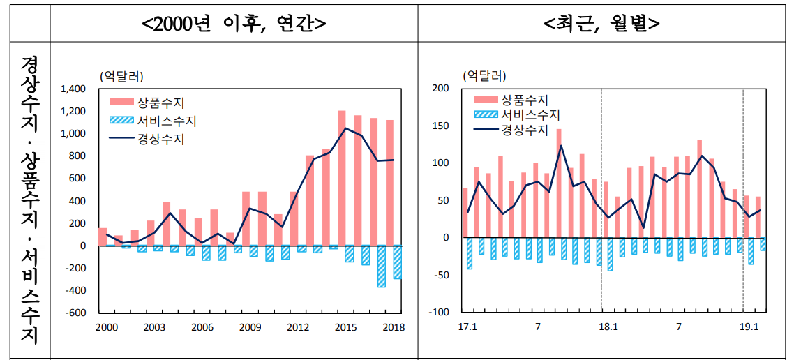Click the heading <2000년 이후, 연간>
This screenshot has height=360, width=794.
(x=233, y=23)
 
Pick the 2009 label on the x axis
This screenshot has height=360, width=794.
(x=250, y=327)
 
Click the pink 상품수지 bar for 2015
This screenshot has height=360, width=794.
(x=342, y=178)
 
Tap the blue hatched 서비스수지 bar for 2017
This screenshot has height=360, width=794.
(x=382, y=266)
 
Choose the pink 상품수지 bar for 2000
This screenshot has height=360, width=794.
(x=103, y=237)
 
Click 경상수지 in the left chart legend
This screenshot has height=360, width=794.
(x=161, y=139)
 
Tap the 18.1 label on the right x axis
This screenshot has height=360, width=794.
(x=608, y=327)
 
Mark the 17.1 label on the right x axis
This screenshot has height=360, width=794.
(x=467, y=327)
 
